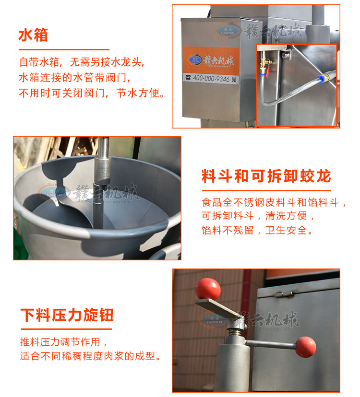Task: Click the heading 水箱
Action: click(33, 35)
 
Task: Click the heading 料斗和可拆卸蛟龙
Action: click(266, 176)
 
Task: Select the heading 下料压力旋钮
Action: click(67, 315)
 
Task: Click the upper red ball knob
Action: click(208, 289)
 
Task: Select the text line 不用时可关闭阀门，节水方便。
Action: click(92, 93)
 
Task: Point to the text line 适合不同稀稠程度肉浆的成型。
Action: click(90, 357)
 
